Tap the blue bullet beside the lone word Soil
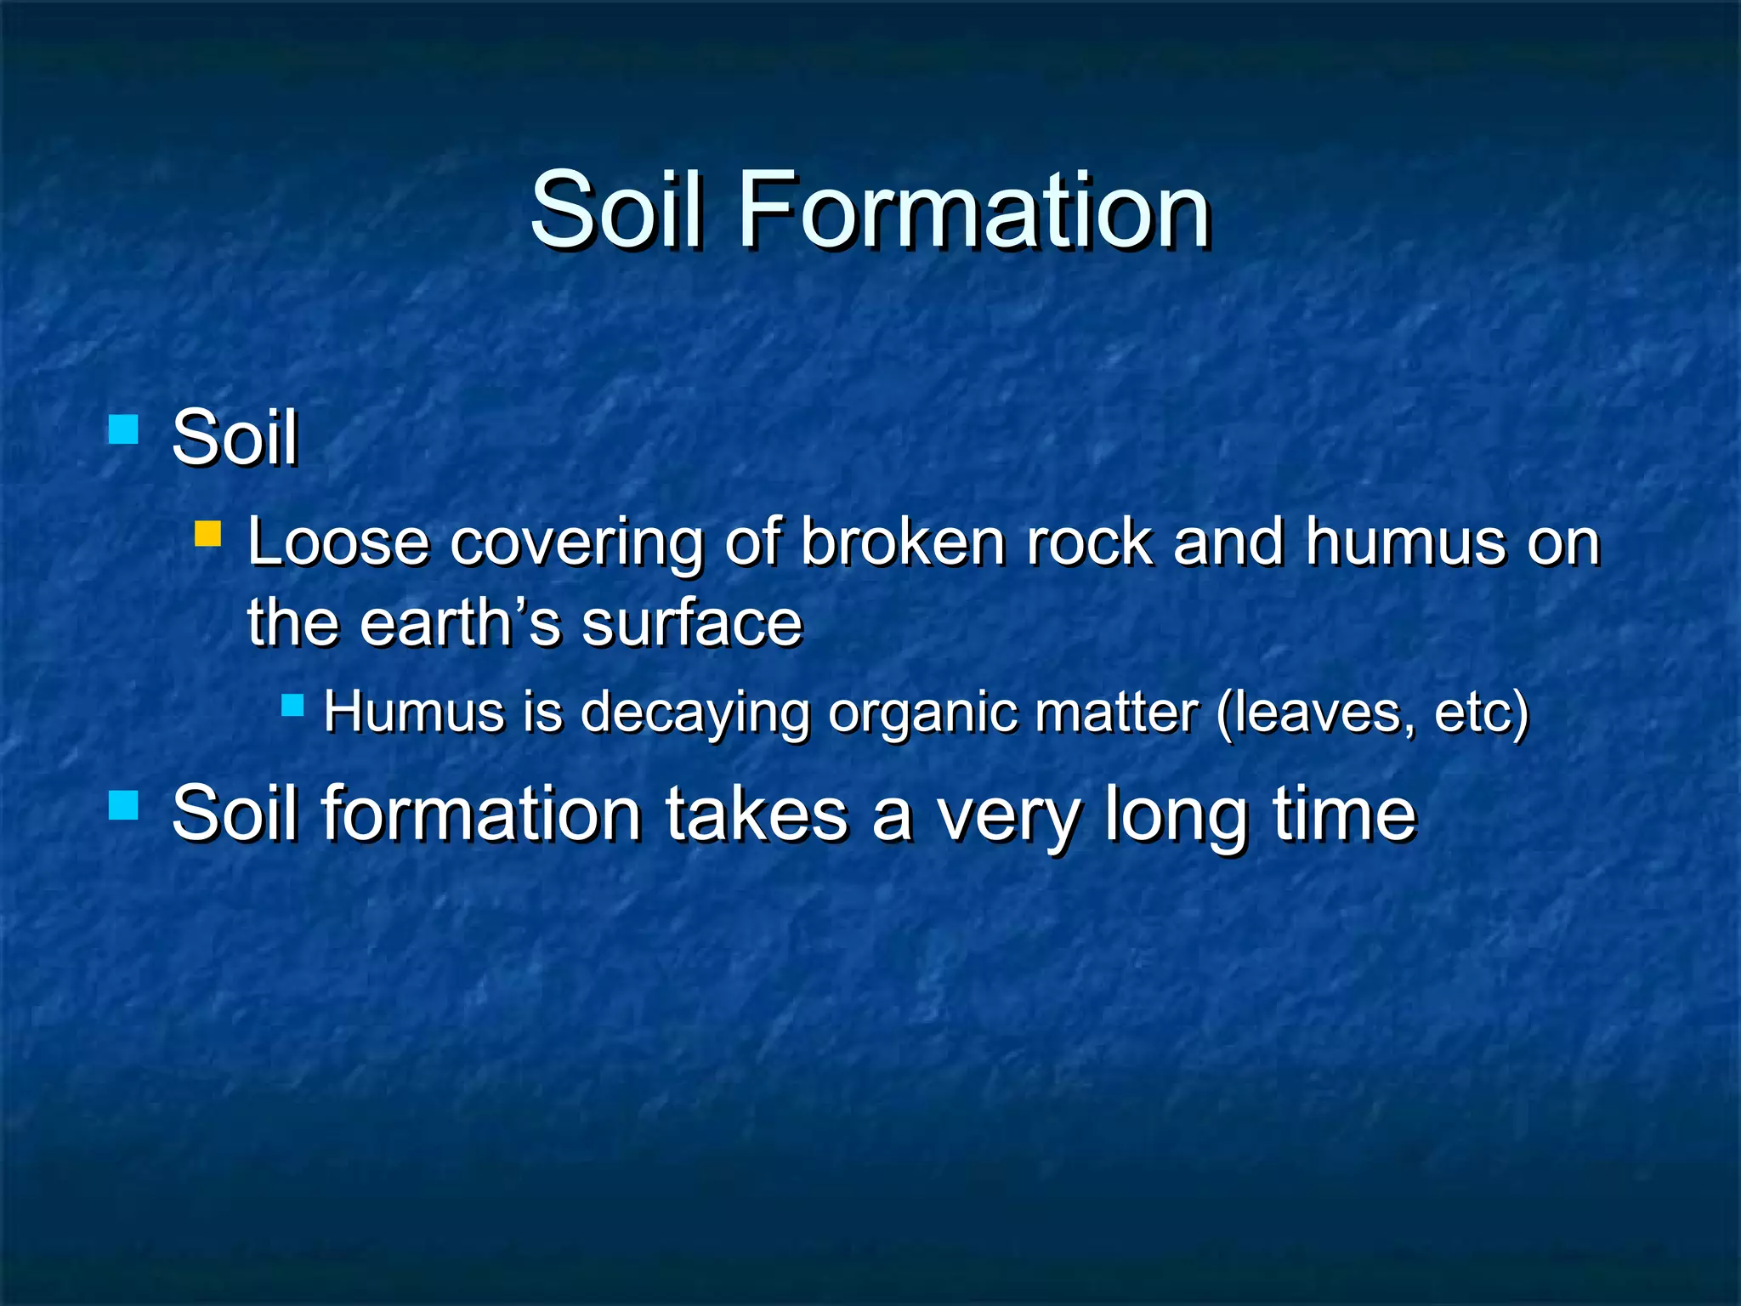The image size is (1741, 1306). click(123, 429)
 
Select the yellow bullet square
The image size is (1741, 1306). click(207, 534)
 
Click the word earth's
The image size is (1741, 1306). click(460, 622)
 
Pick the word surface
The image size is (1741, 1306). click(692, 622)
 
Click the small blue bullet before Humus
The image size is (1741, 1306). click(292, 705)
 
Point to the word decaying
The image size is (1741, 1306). click(695, 713)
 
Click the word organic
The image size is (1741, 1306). click(922, 713)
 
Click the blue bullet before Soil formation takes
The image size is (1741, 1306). click(123, 804)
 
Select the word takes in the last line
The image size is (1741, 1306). click(757, 814)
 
